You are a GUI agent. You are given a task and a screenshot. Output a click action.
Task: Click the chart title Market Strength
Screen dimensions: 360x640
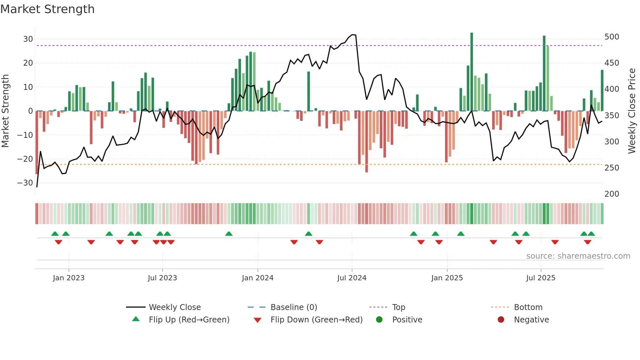point(47,9)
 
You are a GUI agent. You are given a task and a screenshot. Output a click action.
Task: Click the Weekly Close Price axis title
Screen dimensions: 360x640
point(632,111)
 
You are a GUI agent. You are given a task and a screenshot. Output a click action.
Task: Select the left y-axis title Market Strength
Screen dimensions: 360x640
point(5,111)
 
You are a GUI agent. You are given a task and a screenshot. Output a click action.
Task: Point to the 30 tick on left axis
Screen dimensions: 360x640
point(28,39)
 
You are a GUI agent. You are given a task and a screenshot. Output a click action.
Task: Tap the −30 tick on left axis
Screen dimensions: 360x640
point(25,183)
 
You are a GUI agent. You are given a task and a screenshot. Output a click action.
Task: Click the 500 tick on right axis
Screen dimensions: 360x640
point(612,37)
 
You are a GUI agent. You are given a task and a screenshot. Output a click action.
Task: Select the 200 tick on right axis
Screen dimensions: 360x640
point(612,194)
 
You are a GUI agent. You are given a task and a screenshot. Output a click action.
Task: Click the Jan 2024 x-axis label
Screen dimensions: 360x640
point(258,278)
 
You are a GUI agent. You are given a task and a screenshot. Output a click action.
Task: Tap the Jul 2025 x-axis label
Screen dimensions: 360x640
point(541,278)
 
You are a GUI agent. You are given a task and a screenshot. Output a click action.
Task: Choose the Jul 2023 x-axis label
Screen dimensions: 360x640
point(162,278)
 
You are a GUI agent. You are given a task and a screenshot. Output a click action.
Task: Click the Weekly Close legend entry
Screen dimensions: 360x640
point(175,307)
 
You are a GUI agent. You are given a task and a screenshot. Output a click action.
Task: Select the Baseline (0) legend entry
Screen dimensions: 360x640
point(294,307)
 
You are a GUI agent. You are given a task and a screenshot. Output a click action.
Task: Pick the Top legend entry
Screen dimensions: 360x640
point(398,307)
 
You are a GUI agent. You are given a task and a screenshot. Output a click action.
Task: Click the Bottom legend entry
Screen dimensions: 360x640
point(528,307)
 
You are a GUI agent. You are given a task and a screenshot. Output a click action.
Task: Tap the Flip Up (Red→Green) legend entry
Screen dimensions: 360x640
point(189,320)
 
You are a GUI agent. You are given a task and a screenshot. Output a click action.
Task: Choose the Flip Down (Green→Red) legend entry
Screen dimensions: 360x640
point(316,320)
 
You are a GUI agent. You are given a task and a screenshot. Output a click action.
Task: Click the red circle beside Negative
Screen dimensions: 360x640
point(501,319)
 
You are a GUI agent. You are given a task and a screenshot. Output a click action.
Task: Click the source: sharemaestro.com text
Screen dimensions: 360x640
point(578,256)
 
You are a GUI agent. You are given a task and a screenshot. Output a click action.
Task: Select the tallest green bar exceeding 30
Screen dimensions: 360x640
point(472,72)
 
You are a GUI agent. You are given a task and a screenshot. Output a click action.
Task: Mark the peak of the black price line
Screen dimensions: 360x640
point(352,34)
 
